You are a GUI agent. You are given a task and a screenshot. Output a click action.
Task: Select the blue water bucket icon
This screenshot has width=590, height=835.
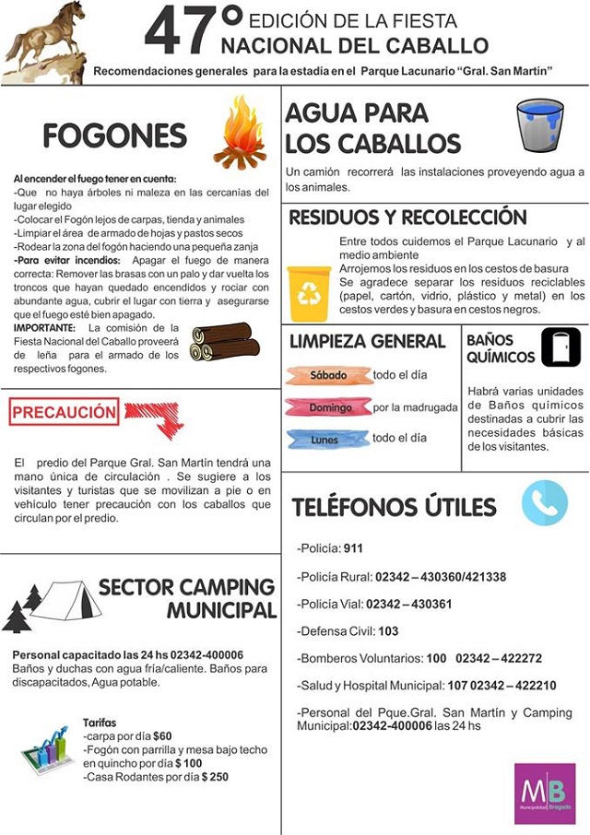(x=539, y=125)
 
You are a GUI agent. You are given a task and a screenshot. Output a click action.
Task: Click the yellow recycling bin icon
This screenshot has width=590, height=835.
(x=309, y=293)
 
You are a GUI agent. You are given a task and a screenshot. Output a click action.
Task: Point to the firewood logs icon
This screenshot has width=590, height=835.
(x=225, y=342)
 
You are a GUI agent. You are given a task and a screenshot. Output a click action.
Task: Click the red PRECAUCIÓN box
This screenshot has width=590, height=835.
(x=65, y=412)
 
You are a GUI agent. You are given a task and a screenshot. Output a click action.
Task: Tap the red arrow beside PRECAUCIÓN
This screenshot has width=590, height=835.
(x=155, y=417)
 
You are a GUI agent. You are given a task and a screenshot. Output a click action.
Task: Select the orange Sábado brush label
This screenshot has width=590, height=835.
(x=329, y=376)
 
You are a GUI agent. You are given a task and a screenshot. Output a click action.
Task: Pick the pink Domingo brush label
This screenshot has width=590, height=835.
(x=328, y=406)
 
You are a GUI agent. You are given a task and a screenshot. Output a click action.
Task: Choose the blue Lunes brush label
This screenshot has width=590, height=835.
(x=327, y=439)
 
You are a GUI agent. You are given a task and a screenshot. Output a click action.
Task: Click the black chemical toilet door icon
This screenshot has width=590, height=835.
(x=560, y=347)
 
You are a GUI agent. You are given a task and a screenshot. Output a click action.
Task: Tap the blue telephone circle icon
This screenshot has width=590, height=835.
(x=544, y=503)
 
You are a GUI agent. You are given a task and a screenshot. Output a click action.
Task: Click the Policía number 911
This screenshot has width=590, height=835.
(x=353, y=549)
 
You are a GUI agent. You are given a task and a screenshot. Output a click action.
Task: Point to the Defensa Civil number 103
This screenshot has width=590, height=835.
(x=388, y=631)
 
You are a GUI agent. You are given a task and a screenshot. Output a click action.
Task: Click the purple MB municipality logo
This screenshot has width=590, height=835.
(x=545, y=793)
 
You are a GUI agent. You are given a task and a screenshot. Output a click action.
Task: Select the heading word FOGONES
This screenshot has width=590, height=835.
(x=114, y=136)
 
